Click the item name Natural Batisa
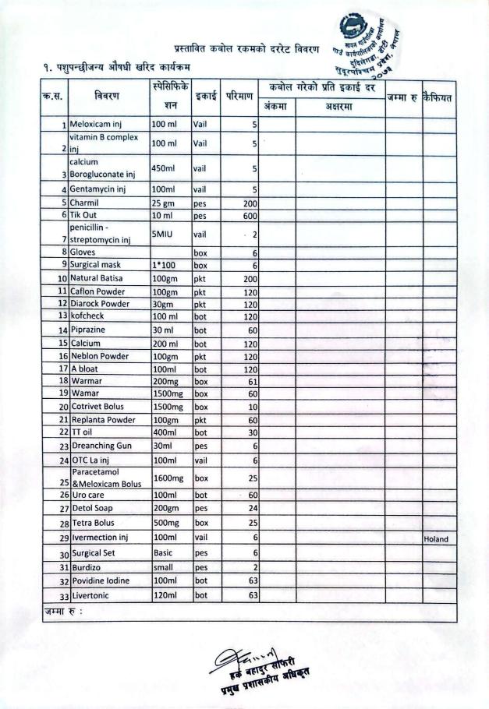tap(100, 278)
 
